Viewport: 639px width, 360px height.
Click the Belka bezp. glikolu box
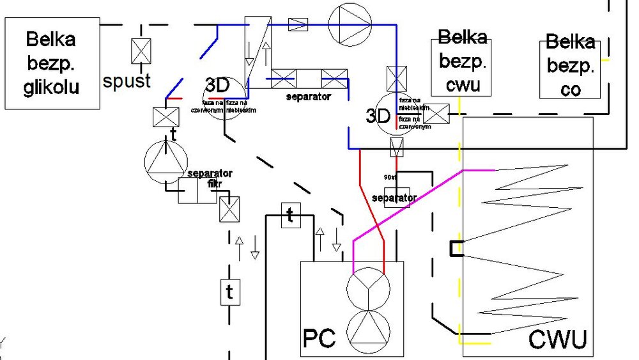52,63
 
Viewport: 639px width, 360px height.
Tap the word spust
127,81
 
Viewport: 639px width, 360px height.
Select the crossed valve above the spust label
140,52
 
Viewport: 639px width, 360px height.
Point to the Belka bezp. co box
571,67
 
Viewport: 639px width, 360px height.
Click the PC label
319,338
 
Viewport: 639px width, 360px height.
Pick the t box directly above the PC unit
290,215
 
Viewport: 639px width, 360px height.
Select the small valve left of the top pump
298,24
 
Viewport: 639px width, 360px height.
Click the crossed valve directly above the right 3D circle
397,79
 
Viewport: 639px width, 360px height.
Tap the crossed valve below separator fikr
229,209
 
